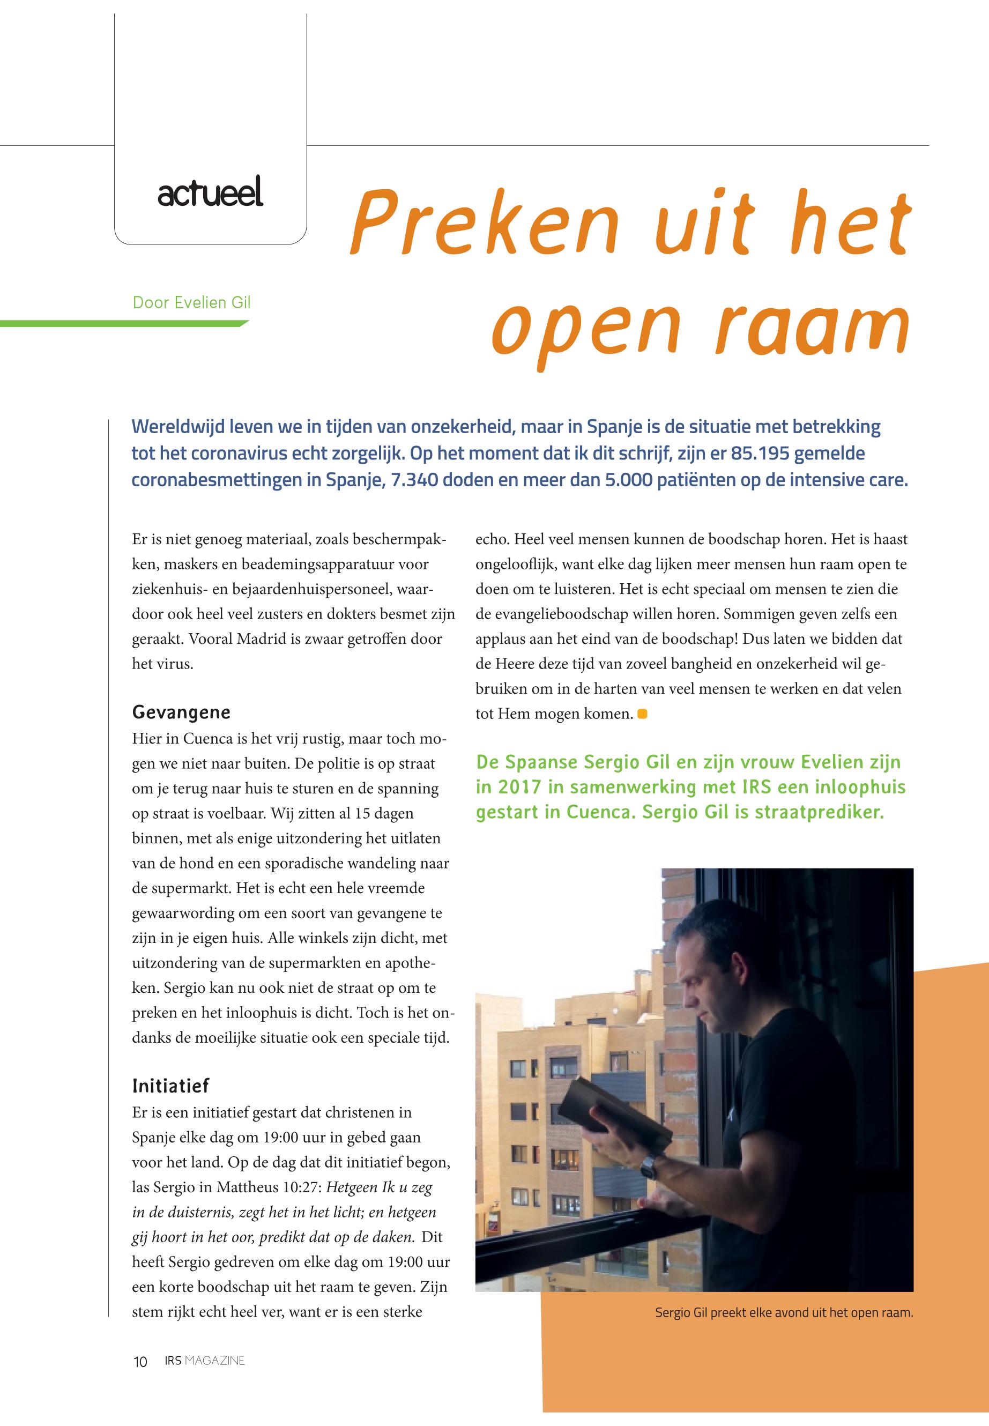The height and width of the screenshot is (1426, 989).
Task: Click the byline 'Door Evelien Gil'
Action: tap(191, 303)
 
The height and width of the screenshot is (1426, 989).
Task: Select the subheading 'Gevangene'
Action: tap(181, 712)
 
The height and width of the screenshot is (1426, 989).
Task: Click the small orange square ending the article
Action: tap(642, 714)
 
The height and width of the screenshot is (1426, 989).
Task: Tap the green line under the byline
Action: tap(124, 323)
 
